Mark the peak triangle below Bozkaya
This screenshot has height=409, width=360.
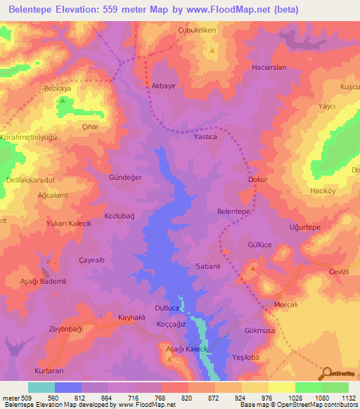click(x=63, y=101)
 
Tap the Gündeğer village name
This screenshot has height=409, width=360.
click(x=125, y=178)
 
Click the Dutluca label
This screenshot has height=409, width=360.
click(x=169, y=308)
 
